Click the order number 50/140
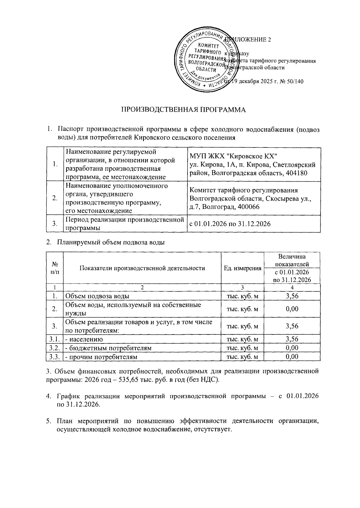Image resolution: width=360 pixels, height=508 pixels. (x=295, y=81)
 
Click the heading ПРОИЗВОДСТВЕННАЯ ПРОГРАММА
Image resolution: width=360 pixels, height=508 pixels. (x=183, y=110)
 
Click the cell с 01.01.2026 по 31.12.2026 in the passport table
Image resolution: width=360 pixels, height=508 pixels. (x=230, y=224)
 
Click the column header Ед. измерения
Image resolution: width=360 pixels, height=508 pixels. (x=242, y=268)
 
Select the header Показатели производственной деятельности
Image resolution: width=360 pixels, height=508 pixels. (x=142, y=268)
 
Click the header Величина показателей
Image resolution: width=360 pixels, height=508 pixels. (x=292, y=260)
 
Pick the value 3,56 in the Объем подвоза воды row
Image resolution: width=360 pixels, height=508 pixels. (x=292, y=296)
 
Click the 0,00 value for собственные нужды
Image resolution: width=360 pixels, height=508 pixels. (x=292, y=309)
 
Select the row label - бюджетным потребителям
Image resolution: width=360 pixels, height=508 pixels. (x=108, y=348)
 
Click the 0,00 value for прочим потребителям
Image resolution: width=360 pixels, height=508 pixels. (x=292, y=357)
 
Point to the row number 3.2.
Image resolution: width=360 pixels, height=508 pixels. (x=55, y=348)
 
